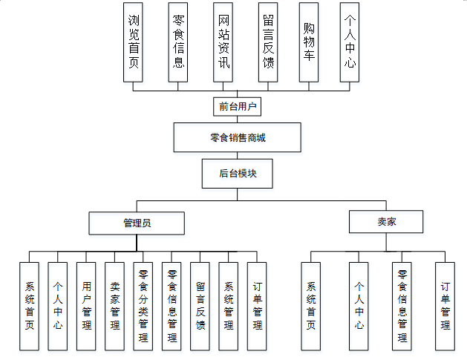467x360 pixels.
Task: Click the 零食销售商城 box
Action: (238, 137)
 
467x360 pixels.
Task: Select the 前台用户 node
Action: (238, 107)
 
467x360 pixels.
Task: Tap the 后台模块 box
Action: (238, 174)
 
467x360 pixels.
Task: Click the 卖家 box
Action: (386, 222)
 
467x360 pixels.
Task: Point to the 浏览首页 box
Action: (134, 42)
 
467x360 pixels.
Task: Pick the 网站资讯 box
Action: (223, 42)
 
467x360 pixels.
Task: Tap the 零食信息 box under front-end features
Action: (178, 42)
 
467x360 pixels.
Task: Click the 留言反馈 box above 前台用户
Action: (268, 42)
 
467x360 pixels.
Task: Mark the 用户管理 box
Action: (86, 306)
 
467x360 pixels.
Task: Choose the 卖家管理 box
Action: (115, 306)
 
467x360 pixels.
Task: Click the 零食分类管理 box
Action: (143, 306)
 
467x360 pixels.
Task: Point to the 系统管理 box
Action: (229, 306)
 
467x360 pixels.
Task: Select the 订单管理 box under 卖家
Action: (445, 306)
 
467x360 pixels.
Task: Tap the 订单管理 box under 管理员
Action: (257, 306)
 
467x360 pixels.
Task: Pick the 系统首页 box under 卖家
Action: (311, 306)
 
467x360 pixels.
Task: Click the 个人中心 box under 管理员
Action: (58, 306)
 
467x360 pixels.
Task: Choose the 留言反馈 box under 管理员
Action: (200, 306)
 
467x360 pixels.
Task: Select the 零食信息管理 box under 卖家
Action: (402, 306)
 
